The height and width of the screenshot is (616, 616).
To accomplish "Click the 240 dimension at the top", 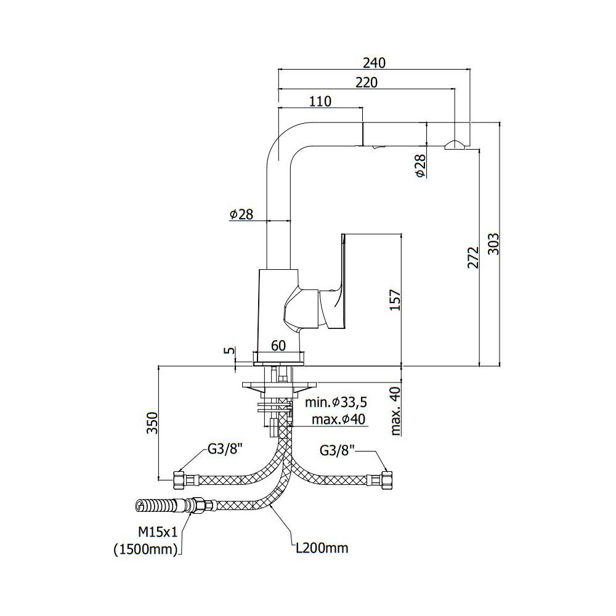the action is (x=375, y=63).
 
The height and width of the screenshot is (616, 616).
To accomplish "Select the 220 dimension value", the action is (x=366, y=83).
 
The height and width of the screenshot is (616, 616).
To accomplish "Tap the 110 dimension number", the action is (x=320, y=102).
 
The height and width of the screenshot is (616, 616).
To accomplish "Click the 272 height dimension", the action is (x=473, y=257).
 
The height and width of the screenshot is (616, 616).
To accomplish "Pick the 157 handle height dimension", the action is (x=395, y=300).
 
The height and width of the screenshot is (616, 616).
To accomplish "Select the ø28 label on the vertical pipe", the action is (x=241, y=214).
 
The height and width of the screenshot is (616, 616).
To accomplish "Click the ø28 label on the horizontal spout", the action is (x=420, y=165).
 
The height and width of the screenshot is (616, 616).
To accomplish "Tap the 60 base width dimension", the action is (x=278, y=346).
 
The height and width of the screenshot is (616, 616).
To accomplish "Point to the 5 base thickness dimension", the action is (x=230, y=350).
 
